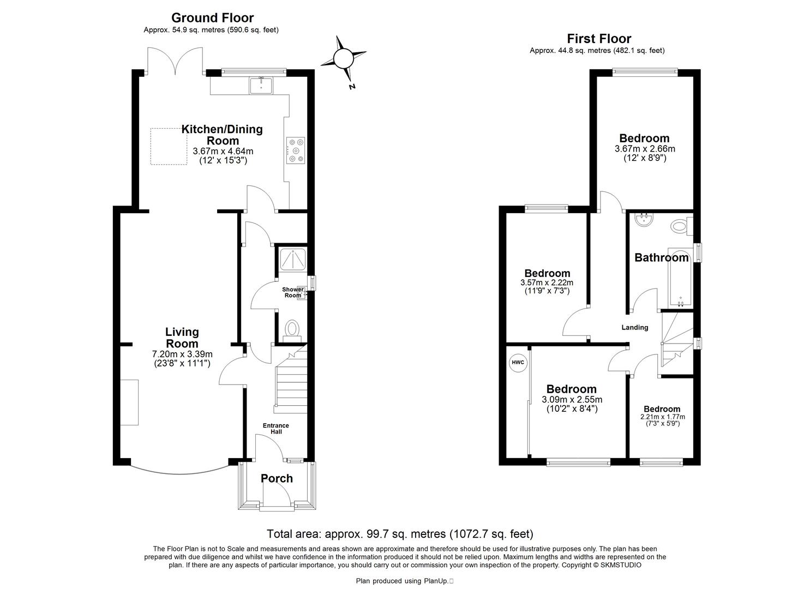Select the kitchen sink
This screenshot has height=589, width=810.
[261, 85]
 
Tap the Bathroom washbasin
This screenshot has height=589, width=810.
[644, 220]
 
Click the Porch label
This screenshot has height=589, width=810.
[277, 478]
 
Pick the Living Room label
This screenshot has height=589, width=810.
[182, 338]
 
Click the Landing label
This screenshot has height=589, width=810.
[635, 327]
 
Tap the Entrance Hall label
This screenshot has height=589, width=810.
[276, 428]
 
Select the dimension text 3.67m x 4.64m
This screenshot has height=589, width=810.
[223, 151]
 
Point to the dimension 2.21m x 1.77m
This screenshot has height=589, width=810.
[662, 417]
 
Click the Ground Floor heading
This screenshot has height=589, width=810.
[212, 18]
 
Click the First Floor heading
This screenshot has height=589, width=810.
[599, 38]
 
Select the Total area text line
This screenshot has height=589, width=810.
[400, 534]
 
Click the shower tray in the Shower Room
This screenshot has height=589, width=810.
[293, 259]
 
